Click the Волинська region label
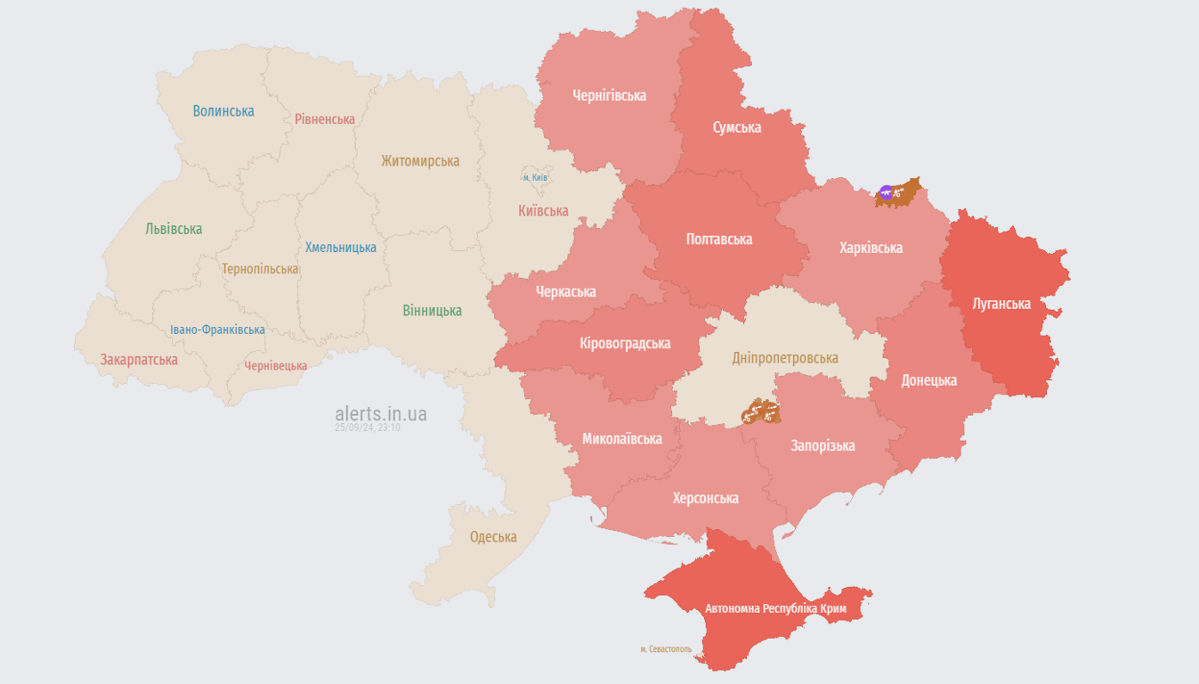pos(223,111)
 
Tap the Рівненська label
pos(325,119)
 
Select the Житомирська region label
pos(420,161)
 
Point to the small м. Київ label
pos(535,177)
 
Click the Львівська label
pos(174,229)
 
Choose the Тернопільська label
pos(260,269)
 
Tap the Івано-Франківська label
pos(217,330)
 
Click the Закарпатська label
pos(139,360)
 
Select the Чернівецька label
pos(276,366)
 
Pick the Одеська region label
pos(493,537)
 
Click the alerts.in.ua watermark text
pos(381,414)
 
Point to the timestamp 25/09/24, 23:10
pos(368,428)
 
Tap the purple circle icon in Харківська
pos(886,191)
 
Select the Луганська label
pos(1001,304)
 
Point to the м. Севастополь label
pos(665,649)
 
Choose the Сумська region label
pos(737,127)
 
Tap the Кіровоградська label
pos(625,343)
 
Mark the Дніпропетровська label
pos(785,358)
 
